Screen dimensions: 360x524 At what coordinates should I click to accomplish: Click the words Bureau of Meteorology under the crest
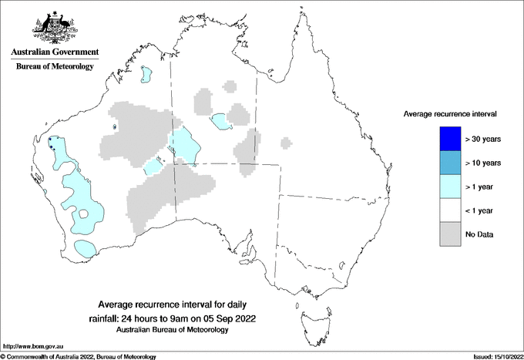[x=55, y=67]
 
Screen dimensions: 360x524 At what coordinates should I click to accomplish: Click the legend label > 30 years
[x=483, y=140]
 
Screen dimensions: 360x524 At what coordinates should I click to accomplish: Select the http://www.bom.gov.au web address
[x=32, y=347]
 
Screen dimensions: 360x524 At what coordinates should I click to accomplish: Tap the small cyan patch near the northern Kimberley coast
[x=145, y=75]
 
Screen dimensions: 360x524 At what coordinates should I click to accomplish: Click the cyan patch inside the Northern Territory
[x=220, y=121]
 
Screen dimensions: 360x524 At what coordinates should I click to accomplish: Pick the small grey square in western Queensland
[x=287, y=143]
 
